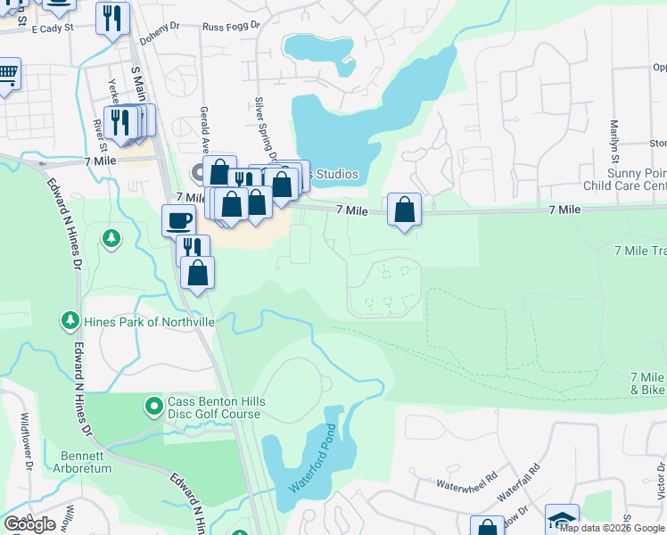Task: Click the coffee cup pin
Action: (178, 220)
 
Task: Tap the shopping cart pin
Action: (7, 74)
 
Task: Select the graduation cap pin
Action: (562, 520)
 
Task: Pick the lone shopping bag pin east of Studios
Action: (405, 210)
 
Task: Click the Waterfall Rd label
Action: (519, 480)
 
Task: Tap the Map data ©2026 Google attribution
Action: (612, 528)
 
